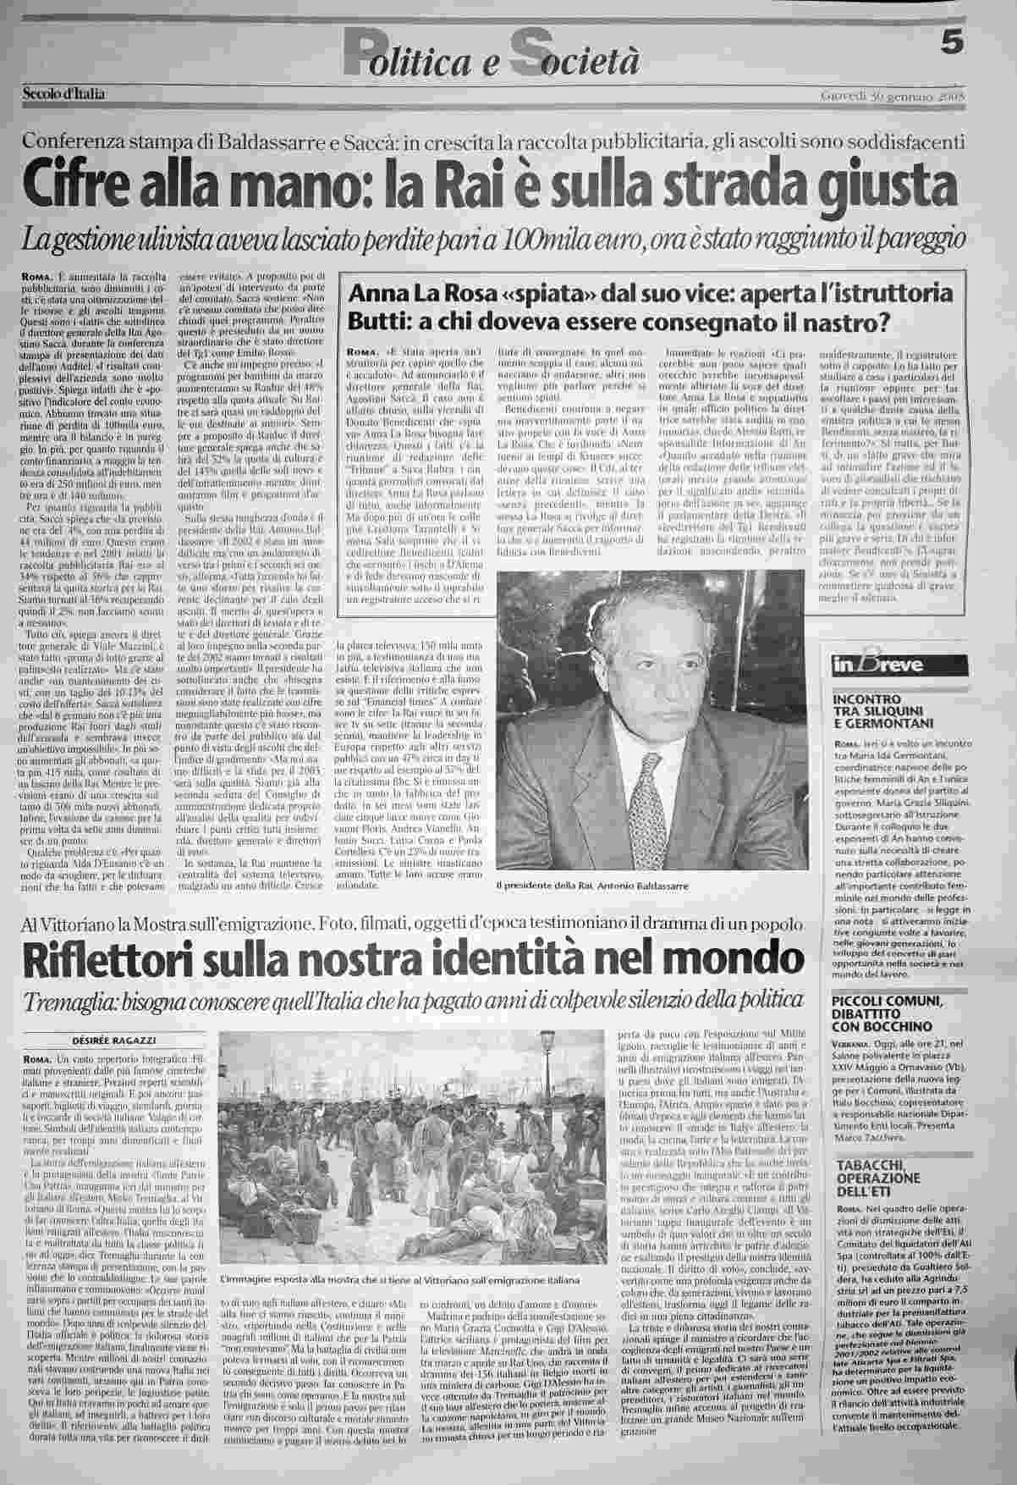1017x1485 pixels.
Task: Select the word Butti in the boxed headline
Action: click(368, 323)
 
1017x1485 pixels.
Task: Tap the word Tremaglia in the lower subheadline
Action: click(71, 1001)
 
